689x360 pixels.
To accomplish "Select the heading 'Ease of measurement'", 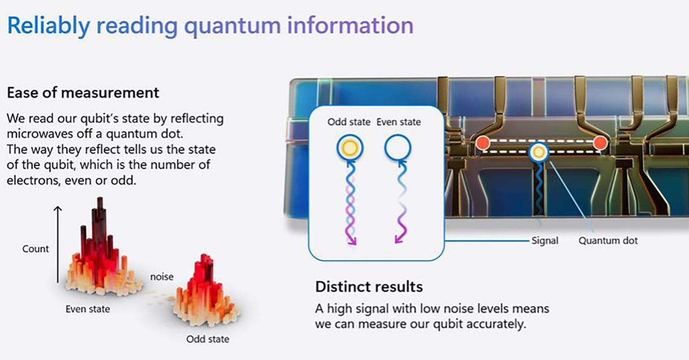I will pos(83,92).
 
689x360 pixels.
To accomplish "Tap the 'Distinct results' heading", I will pos(368,287).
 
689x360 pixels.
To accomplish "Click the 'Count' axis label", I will pos(35,248).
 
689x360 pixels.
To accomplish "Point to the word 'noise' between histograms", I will pos(162,277).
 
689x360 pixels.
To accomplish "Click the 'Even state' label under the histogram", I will pos(88,309).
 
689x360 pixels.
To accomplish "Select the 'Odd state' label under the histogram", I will pos(208,339).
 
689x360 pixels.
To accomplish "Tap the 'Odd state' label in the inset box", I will pos(349,122).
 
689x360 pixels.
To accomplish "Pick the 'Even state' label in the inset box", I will pos(399,122).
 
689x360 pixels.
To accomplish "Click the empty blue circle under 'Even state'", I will pos(398,148).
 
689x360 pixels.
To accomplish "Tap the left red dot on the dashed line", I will pos(482,142).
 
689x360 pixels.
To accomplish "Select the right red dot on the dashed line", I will pos(600,142).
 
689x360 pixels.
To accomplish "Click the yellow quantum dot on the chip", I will pos(539,152).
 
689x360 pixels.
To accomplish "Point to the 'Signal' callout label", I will pos(545,240).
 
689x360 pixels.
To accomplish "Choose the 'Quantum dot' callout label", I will pos(608,240).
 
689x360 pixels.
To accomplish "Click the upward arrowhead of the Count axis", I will pos(58,209).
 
